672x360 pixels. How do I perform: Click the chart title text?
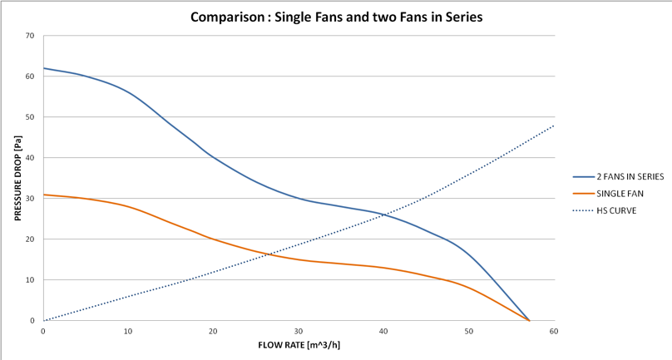[x=336, y=17]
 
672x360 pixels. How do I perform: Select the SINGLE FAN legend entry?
[x=619, y=193]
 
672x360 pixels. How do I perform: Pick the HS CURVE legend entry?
[x=615, y=210]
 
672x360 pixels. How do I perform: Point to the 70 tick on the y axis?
[x=30, y=36]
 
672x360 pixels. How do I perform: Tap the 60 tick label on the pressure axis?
[x=30, y=76]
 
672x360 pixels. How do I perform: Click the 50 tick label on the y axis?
[x=30, y=117]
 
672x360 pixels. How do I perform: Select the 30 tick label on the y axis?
[x=30, y=199]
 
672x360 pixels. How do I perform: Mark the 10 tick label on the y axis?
[x=30, y=280]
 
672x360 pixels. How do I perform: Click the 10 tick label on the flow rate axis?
[x=128, y=331]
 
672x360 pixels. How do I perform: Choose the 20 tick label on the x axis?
[x=213, y=331]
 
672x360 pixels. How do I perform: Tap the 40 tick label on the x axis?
[x=383, y=331]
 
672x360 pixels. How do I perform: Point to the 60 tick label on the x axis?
[x=553, y=331]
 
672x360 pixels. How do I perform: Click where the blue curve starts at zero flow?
[x=44, y=68]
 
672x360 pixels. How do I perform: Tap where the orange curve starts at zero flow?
[x=44, y=195]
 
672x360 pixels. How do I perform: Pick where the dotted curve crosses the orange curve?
[x=264, y=255]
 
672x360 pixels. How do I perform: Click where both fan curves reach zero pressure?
[x=528, y=320]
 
